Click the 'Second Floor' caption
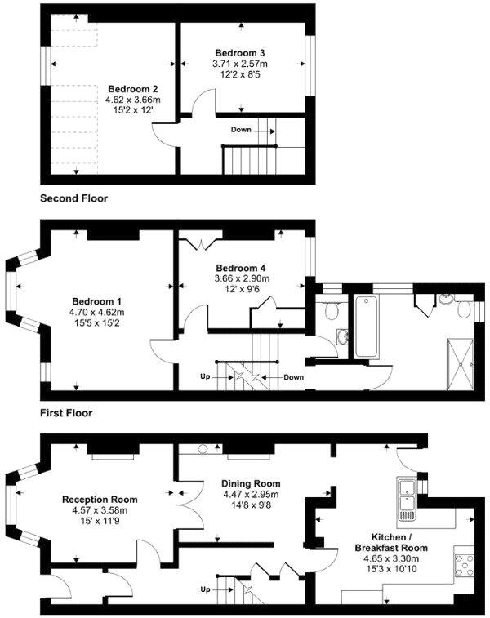click(x=73, y=198)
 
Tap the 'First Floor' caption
click(x=66, y=413)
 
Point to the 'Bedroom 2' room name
click(x=132, y=89)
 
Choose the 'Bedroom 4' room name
click(x=240, y=267)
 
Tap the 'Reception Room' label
click(x=100, y=500)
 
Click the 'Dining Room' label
click(x=252, y=483)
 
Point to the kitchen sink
click(x=407, y=500)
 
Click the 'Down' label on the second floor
click(x=241, y=130)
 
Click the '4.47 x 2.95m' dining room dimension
click(x=252, y=495)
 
